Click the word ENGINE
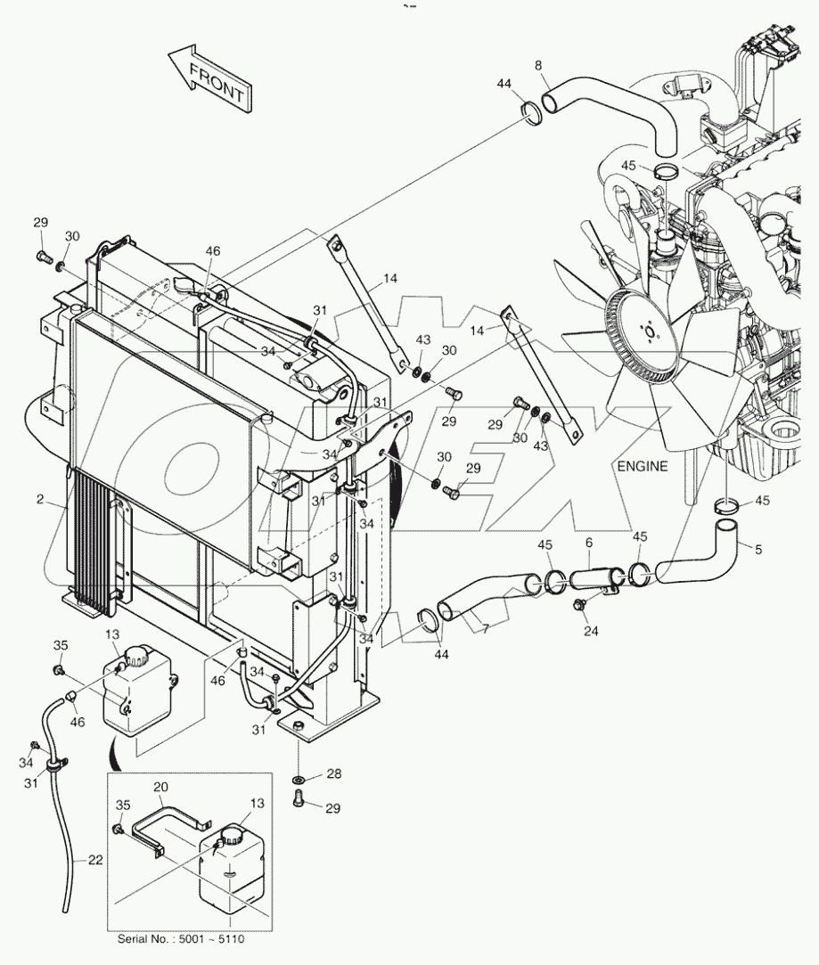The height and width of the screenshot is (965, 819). (x=642, y=466)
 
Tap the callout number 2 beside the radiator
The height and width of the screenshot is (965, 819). (x=40, y=500)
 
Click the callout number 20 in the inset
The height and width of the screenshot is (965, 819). (x=161, y=787)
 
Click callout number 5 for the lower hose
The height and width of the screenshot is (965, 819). (x=758, y=550)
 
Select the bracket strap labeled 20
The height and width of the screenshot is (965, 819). (x=160, y=820)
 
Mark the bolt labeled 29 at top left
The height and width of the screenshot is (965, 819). (x=42, y=258)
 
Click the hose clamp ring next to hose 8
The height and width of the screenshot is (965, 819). (x=530, y=114)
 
